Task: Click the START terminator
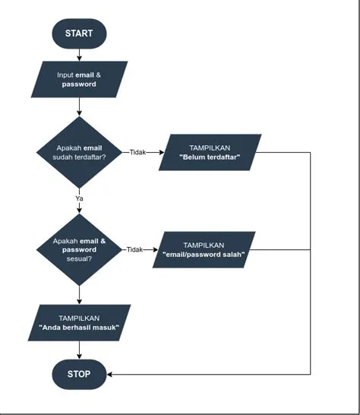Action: click(x=79, y=33)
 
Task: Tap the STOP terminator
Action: click(x=79, y=374)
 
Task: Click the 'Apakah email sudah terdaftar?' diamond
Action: click(x=79, y=152)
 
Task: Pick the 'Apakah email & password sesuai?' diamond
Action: click(x=79, y=249)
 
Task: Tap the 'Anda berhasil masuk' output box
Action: click(x=79, y=323)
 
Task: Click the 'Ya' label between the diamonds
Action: click(x=79, y=198)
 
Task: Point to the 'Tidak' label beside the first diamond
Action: click(x=137, y=152)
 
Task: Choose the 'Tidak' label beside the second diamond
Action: click(x=134, y=249)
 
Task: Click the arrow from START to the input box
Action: click(x=79, y=55)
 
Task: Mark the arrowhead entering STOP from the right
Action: click(x=111, y=374)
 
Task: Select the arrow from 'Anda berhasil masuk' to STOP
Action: click(x=79, y=350)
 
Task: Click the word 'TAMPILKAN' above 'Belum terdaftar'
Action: click(x=210, y=147)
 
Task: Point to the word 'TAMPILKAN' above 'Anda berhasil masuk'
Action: click(x=79, y=318)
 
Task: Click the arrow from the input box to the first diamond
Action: click(x=79, y=107)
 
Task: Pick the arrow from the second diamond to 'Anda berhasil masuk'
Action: click(x=79, y=295)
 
